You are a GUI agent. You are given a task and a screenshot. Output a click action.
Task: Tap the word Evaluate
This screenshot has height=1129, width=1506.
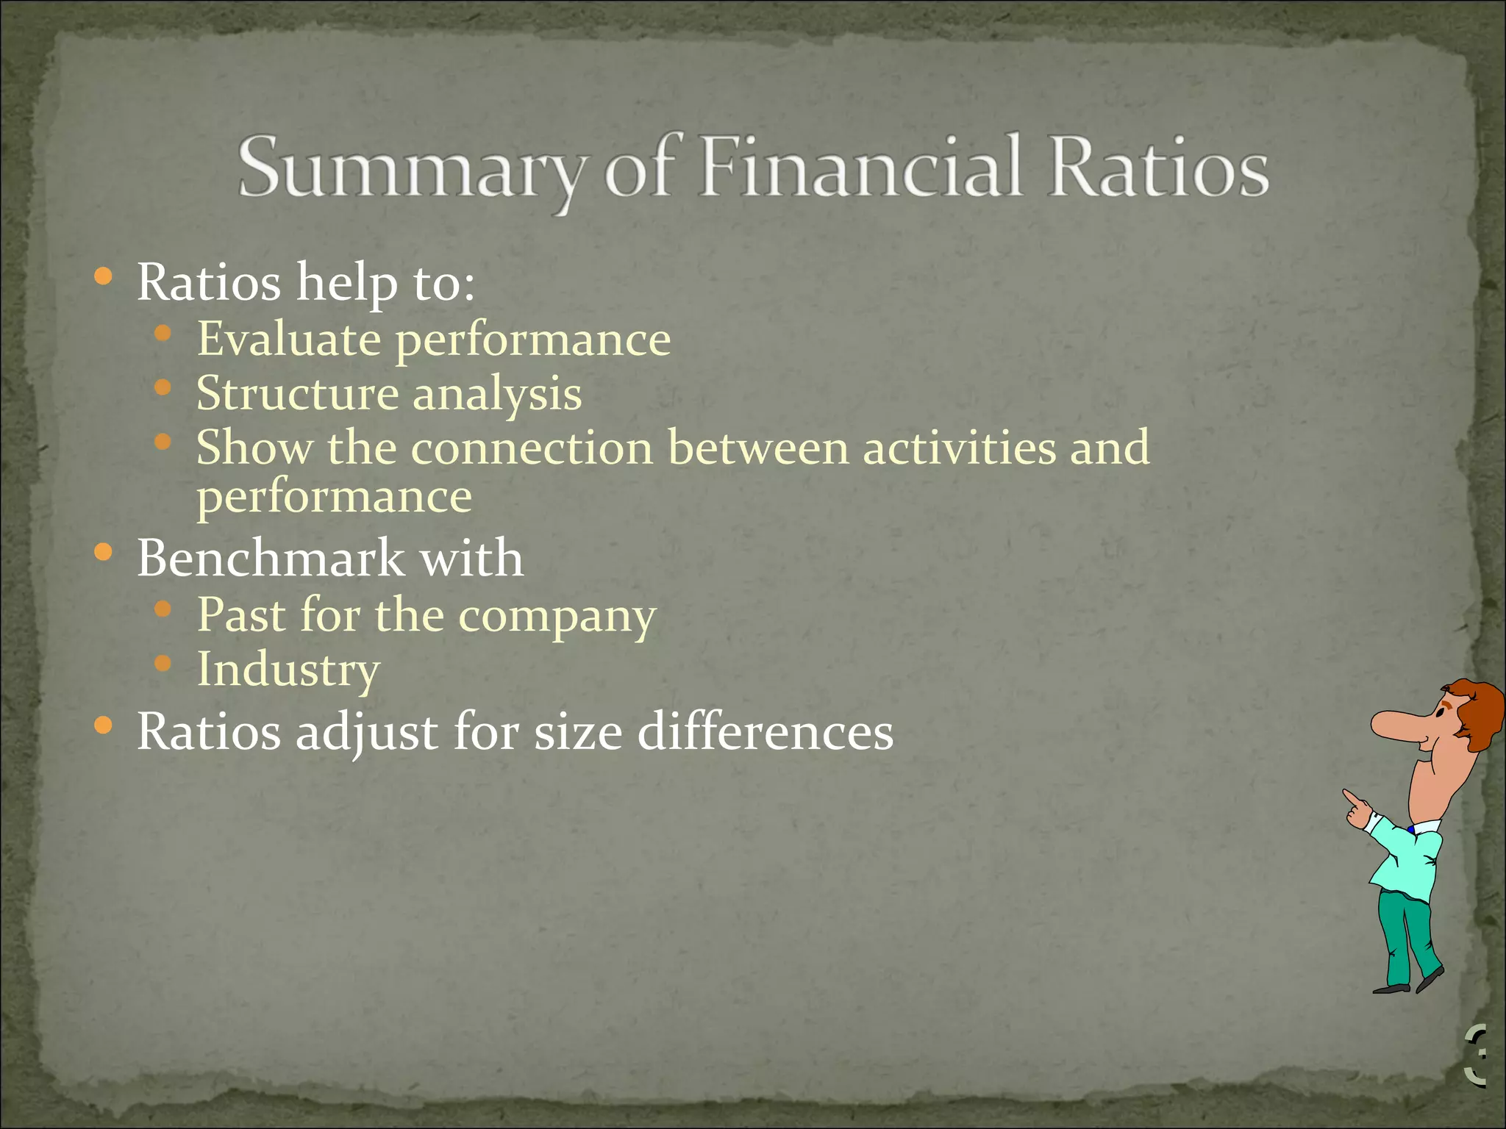pos(289,340)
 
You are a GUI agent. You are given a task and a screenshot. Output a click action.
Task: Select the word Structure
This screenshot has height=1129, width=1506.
pos(296,393)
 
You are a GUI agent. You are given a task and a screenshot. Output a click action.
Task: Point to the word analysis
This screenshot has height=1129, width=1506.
pos(497,395)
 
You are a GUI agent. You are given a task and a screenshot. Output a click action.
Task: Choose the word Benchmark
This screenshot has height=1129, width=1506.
pos(270,558)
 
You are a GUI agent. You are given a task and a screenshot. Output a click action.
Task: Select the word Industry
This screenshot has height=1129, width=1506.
pos(288,670)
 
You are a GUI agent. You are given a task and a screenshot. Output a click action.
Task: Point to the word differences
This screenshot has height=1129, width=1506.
pos(765,732)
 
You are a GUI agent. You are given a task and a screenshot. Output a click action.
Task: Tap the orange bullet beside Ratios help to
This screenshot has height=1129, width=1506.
pos(104,277)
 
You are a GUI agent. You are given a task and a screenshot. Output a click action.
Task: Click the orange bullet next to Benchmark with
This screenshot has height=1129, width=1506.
pos(104,552)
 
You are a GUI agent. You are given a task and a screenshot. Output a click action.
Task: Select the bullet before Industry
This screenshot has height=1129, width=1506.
pos(163,664)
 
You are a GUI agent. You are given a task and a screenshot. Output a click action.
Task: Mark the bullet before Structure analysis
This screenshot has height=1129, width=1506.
pos(163,387)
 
